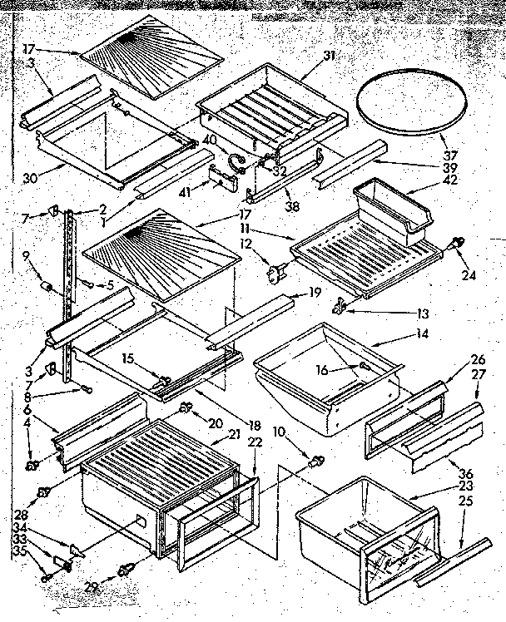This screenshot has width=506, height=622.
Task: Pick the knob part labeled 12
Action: click(276, 269)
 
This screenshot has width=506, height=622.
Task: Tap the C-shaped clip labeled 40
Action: click(236, 160)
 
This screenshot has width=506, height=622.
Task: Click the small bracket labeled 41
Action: click(220, 179)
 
